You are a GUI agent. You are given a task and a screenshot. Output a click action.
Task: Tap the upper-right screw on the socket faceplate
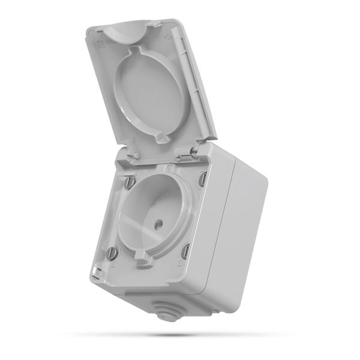point(202,178)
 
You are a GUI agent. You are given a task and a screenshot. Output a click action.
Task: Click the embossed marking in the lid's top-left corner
point(104,43)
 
